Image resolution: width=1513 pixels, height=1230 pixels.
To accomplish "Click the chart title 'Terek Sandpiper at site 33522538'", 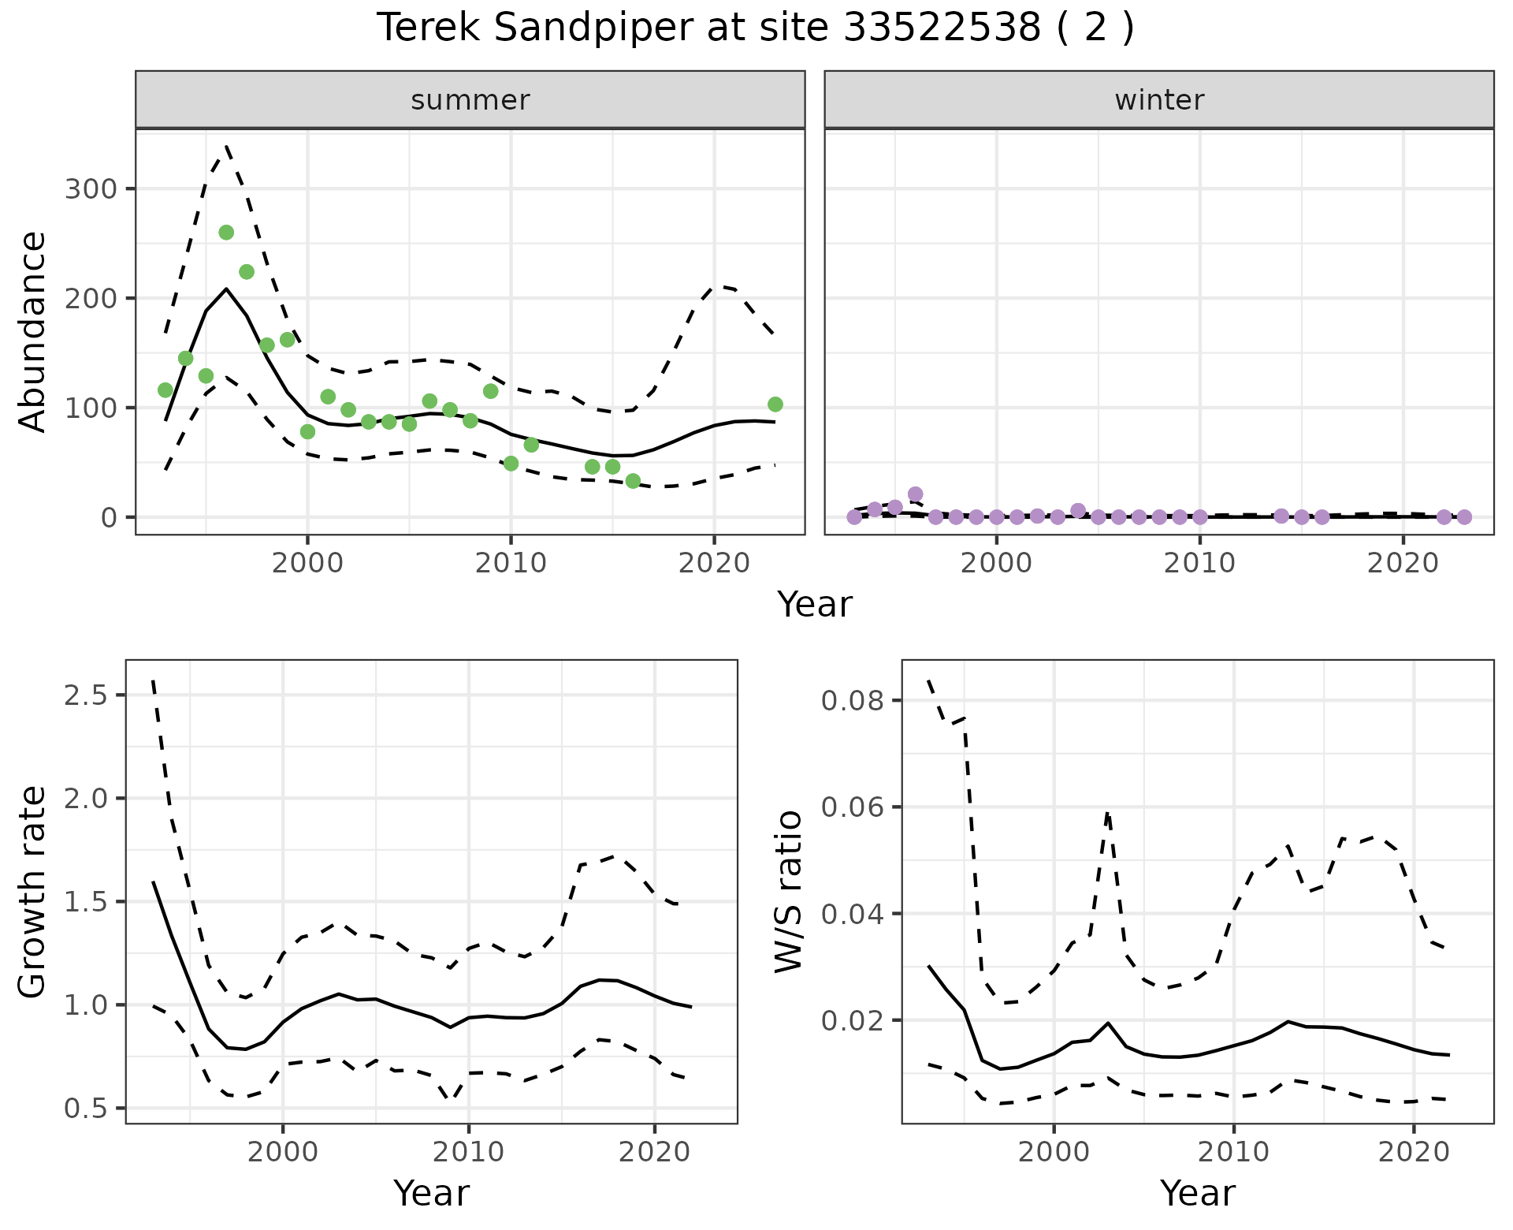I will [x=755, y=28].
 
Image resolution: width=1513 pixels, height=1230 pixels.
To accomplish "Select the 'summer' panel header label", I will [x=470, y=100].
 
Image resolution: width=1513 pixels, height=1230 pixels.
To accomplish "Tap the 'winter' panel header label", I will [x=1159, y=100].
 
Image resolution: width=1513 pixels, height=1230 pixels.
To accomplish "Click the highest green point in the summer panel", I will [x=226, y=232].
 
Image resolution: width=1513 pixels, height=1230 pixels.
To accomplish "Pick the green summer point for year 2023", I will [x=775, y=404].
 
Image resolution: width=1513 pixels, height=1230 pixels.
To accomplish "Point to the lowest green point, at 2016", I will [x=633, y=481].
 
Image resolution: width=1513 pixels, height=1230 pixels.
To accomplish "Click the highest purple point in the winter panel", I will [x=915, y=494].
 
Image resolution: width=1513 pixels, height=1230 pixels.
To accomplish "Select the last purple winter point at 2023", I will [x=1464, y=517].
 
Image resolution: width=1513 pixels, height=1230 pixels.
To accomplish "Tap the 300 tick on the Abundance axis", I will [x=90, y=189].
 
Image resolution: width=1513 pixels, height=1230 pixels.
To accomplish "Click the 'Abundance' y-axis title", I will [x=32, y=332].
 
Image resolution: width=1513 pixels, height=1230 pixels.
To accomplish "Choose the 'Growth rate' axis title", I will [x=32, y=893].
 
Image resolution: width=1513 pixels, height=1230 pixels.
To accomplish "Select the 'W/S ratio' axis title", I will [x=789, y=893].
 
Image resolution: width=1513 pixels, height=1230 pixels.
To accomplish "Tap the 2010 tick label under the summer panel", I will [x=511, y=563].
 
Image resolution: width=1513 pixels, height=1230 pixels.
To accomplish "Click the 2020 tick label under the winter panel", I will [x=1403, y=563].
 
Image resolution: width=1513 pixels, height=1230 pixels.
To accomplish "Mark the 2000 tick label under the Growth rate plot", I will [x=283, y=1153].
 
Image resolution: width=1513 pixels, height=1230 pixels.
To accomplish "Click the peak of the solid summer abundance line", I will [x=227, y=289].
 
